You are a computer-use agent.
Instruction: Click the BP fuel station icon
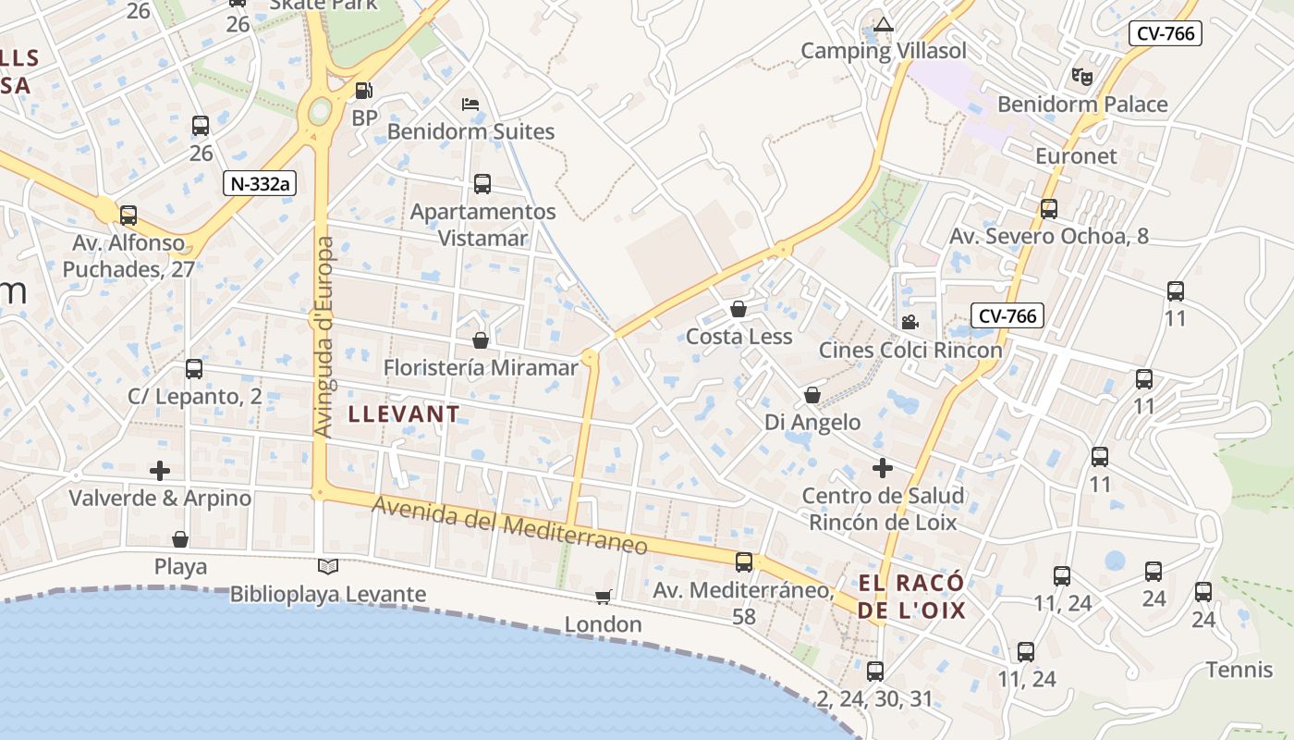(364, 91)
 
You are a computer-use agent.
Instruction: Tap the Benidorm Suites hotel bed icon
(470, 104)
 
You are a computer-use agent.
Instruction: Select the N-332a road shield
(259, 183)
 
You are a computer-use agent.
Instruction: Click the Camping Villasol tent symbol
(884, 25)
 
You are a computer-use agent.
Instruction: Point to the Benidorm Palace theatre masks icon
(1081, 76)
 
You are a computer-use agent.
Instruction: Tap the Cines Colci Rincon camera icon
(909, 322)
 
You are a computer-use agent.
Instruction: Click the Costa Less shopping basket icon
(739, 309)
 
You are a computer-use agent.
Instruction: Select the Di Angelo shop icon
(812, 395)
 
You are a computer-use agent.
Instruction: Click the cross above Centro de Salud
(883, 468)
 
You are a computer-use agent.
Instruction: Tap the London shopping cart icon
(603, 598)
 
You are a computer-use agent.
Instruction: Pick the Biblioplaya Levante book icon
(328, 566)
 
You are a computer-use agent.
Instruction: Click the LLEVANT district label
(404, 414)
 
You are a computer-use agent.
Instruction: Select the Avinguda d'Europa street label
(323, 338)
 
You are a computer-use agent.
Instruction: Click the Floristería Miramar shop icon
(480, 340)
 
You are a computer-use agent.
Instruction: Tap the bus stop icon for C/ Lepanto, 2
(194, 369)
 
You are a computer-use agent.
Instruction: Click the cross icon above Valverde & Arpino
(160, 471)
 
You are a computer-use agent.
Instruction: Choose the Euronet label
(1076, 155)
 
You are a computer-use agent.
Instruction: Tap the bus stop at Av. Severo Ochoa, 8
(1048, 209)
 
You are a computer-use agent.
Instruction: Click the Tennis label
(1239, 670)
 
